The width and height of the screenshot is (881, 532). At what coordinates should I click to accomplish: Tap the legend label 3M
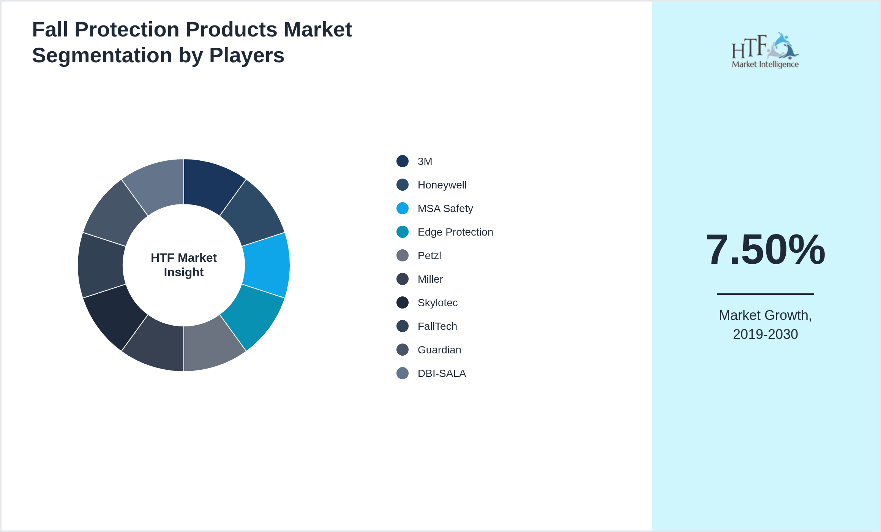click(425, 161)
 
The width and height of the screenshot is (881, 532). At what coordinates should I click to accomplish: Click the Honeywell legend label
click(442, 185)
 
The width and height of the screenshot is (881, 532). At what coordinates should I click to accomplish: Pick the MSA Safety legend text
click(445, 209)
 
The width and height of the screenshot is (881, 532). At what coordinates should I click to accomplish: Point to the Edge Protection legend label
click(455, 232)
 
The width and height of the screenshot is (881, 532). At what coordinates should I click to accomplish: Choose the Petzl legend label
click(429, 256)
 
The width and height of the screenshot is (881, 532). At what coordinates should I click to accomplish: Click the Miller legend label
click(430, 279)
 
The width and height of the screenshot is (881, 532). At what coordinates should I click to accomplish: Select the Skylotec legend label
click(437, 303)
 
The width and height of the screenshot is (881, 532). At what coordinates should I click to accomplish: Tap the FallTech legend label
click(437, 326)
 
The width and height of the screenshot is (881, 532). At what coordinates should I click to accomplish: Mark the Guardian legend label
click(439, 350)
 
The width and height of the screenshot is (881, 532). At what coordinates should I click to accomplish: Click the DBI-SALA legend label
click(442, 374)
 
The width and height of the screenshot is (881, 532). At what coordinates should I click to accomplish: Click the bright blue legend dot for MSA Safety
click(403, 208)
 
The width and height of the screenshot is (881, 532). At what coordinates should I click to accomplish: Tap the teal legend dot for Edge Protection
click(403, 232)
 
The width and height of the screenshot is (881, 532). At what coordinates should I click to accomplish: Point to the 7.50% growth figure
click(765, 250)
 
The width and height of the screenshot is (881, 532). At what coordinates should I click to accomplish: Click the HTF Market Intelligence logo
click(765, 51)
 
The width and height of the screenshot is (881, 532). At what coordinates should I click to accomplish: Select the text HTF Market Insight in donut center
click(184, 265)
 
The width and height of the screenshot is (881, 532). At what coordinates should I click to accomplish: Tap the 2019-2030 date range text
click(765, 334)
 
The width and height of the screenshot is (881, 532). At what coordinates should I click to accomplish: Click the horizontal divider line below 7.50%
click(765, 294)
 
